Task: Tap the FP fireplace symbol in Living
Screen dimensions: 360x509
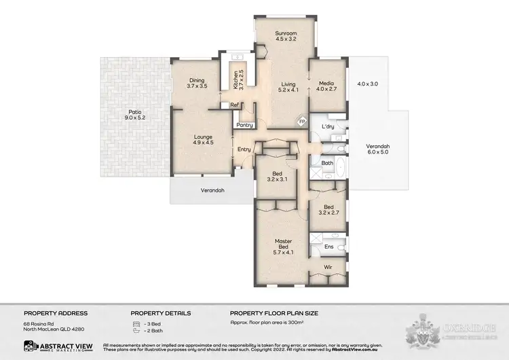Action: [x=303, y=122]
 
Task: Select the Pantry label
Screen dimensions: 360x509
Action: [x=244, y=125]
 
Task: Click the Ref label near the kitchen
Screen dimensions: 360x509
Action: [x=233, y=105]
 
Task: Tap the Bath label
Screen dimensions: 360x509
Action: [x=326, y=163]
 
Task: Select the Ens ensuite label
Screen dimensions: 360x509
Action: [x=328, y=246]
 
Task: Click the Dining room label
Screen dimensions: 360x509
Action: [x=196, y=80]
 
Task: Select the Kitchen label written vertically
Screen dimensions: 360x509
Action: [x=235, y=80]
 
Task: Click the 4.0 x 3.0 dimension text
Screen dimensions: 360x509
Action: [x=366, y=84]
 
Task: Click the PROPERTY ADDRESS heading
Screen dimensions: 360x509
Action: [x=56, y=313]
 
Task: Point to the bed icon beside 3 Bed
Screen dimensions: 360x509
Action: [x=136, y=325]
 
